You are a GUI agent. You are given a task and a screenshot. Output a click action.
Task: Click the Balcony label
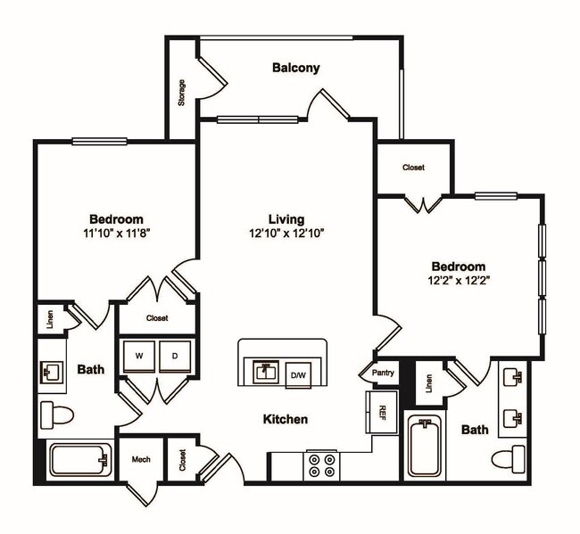(295, 68)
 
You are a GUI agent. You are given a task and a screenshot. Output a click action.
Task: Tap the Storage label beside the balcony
(182, 93)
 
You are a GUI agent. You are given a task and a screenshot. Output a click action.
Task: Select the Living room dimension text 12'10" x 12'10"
(286, 234)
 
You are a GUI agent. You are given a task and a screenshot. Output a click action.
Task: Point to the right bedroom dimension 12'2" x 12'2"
(459, 281)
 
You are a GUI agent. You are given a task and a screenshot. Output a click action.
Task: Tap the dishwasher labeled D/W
(297, 375)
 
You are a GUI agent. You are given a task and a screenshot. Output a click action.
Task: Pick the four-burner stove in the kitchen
(321, 466)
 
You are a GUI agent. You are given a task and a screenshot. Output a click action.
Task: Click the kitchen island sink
(263, 369)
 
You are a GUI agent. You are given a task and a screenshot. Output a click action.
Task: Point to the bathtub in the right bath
(426, 448)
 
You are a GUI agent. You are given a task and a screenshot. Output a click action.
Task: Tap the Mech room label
(141, 460)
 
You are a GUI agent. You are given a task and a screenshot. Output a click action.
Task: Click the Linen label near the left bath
(51, 317)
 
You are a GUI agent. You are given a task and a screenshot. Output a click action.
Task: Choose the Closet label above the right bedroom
(413, 168)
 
